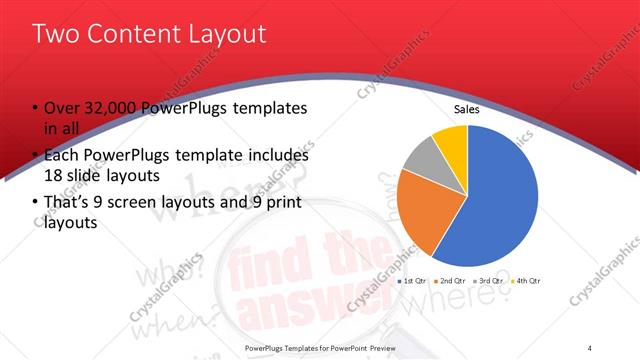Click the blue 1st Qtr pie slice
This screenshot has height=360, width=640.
coord(490,200)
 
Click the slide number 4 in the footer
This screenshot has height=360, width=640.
coord(590,348)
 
